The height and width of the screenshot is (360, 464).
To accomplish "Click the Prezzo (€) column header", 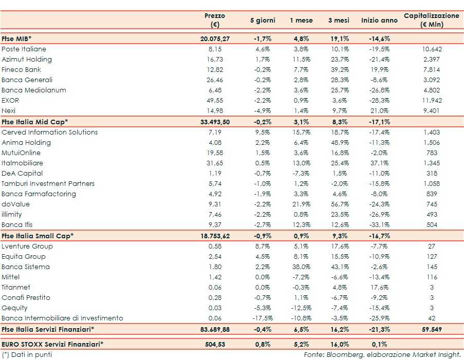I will (214, 20).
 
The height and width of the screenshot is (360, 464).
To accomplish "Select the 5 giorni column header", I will (263, 21).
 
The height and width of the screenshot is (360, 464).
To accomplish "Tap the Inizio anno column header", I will (379, 21).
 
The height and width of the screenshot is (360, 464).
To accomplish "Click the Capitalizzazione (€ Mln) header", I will (431, 20).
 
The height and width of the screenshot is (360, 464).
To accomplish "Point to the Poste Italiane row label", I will (24, 49).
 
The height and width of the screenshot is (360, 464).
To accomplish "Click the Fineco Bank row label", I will (22, 70).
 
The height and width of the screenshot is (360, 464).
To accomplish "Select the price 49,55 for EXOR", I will (214, 101).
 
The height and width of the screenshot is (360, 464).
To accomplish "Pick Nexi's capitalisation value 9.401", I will (431, 111).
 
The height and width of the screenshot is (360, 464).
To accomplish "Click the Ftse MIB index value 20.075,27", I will (214, 39).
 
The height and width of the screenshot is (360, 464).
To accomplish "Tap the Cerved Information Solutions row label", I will (50, 132).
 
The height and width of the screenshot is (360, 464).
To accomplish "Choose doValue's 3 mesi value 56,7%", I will (339, 204).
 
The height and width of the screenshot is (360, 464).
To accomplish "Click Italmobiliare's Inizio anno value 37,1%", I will (379, 163).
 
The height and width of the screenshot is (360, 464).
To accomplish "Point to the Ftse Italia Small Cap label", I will (38, 236).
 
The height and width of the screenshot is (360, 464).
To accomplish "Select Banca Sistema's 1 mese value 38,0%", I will (301, 267).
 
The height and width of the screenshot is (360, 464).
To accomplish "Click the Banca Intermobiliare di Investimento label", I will (63, 318).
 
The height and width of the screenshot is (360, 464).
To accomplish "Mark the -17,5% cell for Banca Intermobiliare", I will (263, 318).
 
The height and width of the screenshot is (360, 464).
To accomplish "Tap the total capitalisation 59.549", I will (431, 329).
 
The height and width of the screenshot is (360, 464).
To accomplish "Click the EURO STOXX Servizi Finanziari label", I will (52, 344).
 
